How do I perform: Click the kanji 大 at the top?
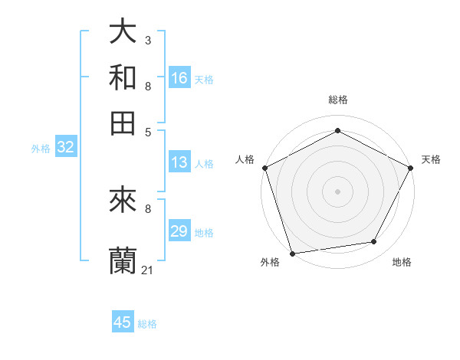123,31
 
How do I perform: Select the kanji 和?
123,77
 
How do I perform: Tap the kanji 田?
123,123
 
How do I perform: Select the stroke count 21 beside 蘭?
148,270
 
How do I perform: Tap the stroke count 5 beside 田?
147,132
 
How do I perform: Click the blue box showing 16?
179,78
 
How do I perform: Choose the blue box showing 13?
179,162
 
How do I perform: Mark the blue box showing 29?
179,231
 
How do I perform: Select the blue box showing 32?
65,147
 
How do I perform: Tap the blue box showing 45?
123,322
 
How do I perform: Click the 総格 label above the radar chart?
337,100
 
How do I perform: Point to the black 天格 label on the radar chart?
431,159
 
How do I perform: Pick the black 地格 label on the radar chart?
402,262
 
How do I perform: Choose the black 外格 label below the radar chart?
270,262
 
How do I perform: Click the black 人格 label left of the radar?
245,159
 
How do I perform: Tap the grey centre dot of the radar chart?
337,191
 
